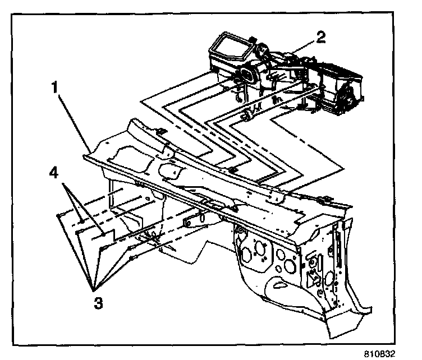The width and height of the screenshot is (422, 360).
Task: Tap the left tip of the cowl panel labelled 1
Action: [84, 156]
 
